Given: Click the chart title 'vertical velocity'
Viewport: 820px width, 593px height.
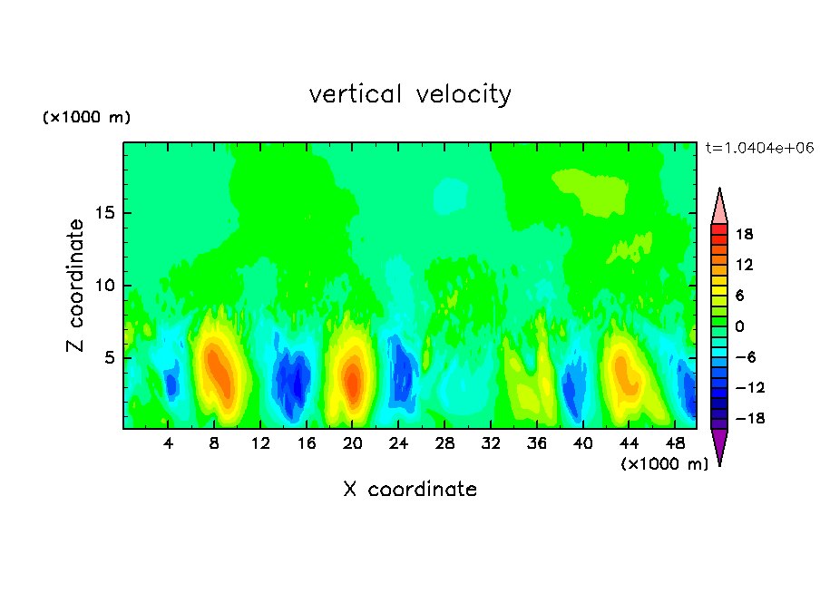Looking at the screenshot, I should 410,94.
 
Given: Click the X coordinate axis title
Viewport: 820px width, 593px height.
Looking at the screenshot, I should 410,490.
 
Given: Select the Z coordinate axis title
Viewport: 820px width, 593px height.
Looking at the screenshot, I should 76,286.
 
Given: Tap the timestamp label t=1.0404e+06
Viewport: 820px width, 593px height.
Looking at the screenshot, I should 760,147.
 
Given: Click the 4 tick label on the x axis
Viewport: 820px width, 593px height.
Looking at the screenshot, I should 169,443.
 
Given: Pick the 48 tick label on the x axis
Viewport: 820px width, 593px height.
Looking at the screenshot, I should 675,443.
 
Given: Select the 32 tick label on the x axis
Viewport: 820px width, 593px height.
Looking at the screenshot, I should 491,443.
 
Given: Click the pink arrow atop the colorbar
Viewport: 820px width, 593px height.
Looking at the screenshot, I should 719,207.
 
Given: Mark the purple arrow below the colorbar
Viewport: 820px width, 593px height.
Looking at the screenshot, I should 719,446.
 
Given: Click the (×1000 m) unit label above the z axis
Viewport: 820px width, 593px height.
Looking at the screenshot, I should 87,118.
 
